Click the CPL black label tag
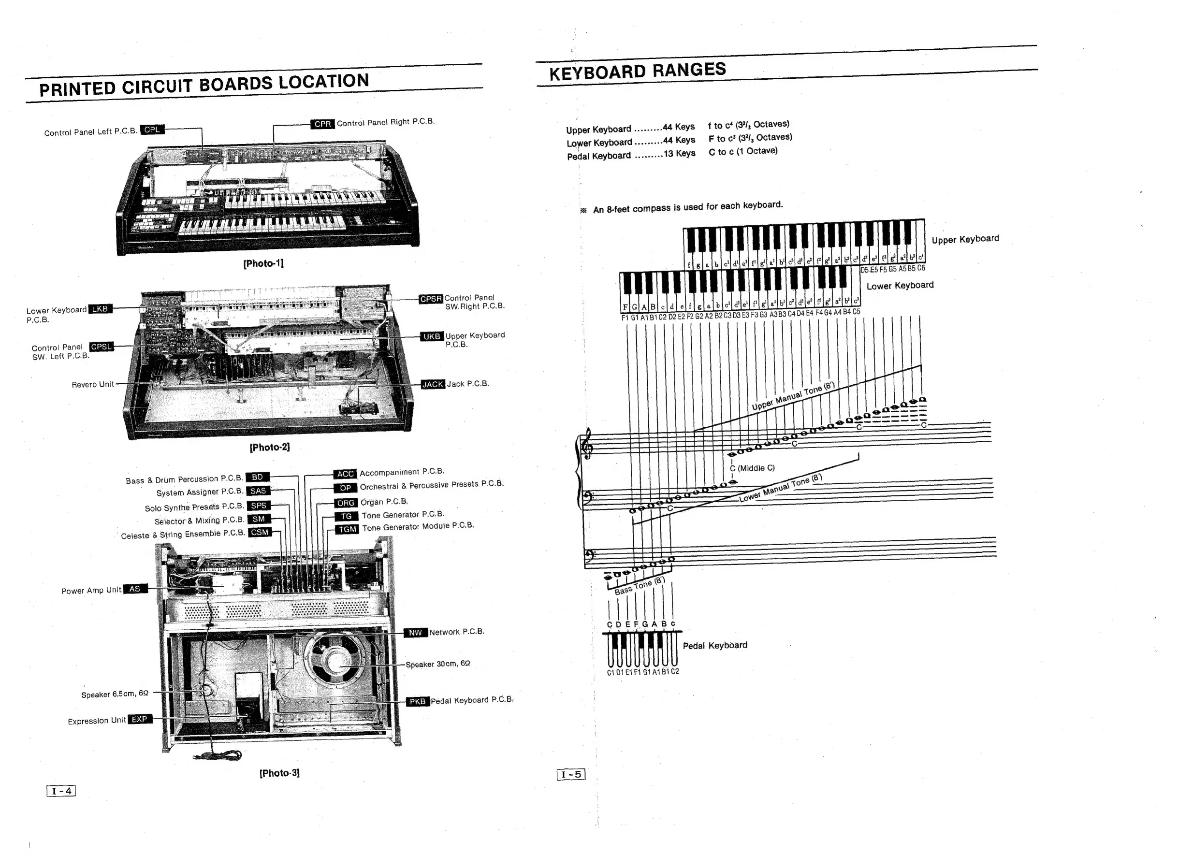point(152,130)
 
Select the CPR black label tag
point(322,124)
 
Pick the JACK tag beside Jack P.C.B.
point(433,384)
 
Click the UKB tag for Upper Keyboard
point(432,336)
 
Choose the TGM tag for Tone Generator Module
point(348,529)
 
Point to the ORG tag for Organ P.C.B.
point(346,503)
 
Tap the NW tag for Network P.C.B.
point(415,633)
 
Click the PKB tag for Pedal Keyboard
point(418,702)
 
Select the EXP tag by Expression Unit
point(139,720)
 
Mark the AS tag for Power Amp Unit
point(134,589)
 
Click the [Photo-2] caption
point(270,447)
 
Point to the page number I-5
point(571,775)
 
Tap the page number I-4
point(61,791)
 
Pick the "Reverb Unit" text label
point(92,384)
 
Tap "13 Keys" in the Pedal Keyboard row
point(679,153)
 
